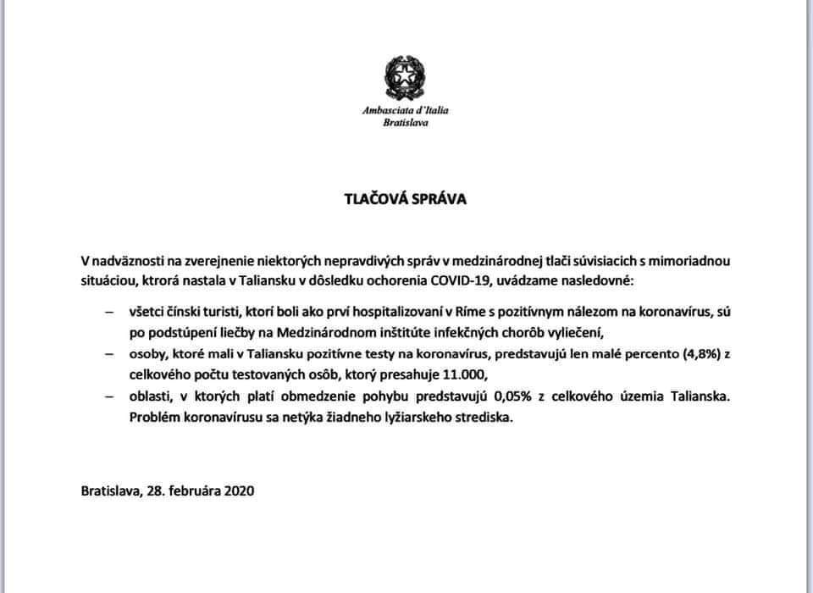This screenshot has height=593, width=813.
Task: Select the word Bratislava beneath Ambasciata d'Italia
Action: (x=405, y=123)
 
